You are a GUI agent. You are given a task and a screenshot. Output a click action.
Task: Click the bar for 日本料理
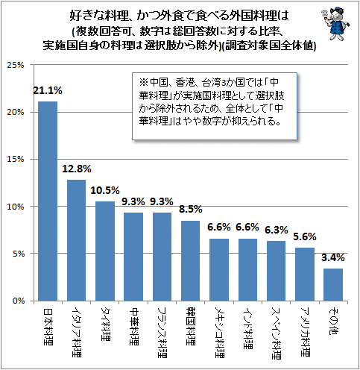pyautogui.click(x=48, y=201)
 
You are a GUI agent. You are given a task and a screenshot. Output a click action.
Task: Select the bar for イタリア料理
pyautogui.click(x=77, y=240)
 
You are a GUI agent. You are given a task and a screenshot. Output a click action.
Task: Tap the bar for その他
pyautogui.click(x=333, y=285)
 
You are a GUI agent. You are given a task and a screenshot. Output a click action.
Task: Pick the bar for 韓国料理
pyautogui.click(x=190, y=261)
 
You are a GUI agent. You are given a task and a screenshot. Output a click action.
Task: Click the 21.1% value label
pyautogui.click(x=48, y=91)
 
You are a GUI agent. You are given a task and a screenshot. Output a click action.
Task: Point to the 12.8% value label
pyautogui.click(x=77, y=169)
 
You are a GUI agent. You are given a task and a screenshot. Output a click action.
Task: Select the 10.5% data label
pyautogui.click(x=105, y=191)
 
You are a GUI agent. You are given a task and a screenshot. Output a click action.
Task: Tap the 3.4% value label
pyautogui.click(x=333, y=258)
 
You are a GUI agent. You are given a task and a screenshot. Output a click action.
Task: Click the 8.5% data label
pyautogui.click(x=191, y=210)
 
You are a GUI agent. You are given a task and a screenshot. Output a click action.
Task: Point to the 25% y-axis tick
pyautogui.click(x=16, y=65)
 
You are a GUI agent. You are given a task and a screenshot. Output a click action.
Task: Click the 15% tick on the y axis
pyautogui.click(x=16, y=159)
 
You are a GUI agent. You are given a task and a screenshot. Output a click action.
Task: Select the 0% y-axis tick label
pyautogui.click(x=18, y=301)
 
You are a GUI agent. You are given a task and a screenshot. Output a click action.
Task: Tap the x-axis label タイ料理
pyautogui.click(x=106, y=324)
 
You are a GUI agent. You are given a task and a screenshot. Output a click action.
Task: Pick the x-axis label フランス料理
pyautogui.click(x=162, y=333)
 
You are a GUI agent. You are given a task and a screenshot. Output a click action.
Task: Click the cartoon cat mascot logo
pyautogui.click(x=335, y=24)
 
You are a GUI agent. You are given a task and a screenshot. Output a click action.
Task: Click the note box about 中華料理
pyautogui.click(x=215, y=106)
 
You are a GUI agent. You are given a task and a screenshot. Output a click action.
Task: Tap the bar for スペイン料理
pyautogui.click(x=276, y=271)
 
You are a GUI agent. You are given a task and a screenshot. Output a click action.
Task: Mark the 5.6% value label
pyautogui.click(x=305, y=237)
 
